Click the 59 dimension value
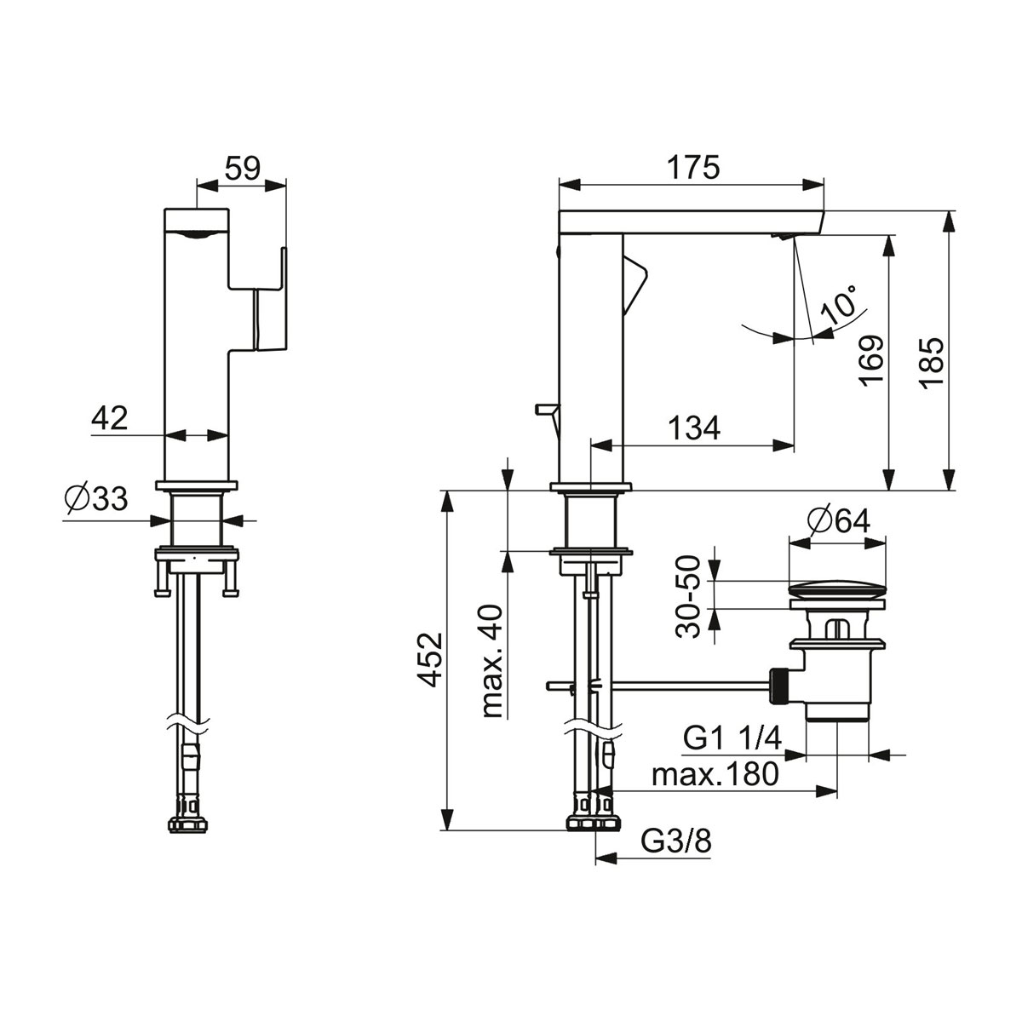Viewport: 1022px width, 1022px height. [243, 168]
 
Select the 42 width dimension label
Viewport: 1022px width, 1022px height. [109, 418]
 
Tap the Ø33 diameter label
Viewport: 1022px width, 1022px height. [96, 498]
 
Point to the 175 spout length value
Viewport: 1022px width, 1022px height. [693, 168]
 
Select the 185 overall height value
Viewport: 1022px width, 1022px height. [932, 364]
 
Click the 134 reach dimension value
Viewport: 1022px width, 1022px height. [694, 428]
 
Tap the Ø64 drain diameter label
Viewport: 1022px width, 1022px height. [839, 522]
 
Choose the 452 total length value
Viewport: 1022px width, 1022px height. [429, 660]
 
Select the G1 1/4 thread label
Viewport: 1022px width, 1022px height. [732, 738]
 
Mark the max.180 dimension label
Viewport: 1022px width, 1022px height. [715, 774]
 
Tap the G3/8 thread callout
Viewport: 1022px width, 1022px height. [675, 841]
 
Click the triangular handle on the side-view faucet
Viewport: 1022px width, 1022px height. [634, 284]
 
